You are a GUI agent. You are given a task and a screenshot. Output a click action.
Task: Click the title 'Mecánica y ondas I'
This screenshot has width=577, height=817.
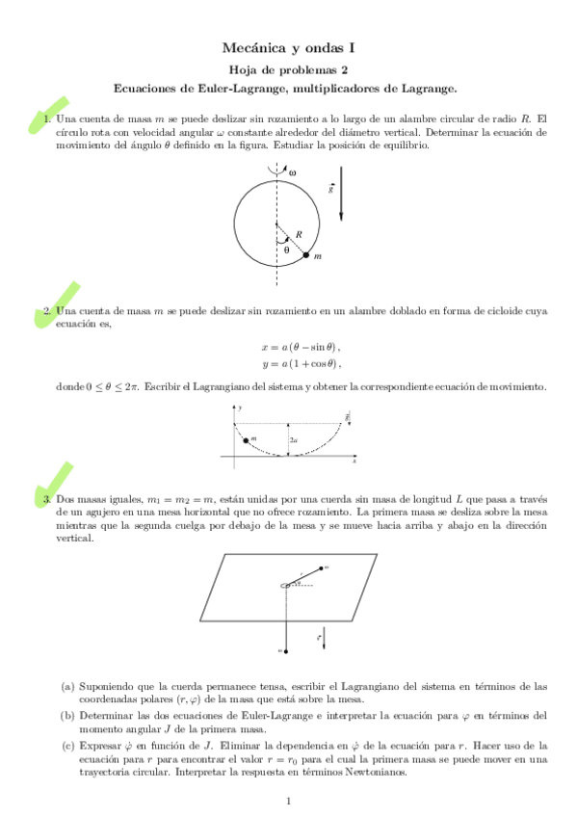288,47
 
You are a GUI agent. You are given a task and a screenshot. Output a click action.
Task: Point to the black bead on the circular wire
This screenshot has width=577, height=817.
306,255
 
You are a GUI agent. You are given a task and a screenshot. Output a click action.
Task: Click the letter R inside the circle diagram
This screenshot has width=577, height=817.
300,234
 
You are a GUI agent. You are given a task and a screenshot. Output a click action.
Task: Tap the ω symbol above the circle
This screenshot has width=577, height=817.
292,172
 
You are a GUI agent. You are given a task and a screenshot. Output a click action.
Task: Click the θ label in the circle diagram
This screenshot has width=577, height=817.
286,250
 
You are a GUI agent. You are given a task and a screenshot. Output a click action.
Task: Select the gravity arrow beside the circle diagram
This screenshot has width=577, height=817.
340,202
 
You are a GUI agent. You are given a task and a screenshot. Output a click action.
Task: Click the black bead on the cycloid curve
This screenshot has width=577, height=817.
248,440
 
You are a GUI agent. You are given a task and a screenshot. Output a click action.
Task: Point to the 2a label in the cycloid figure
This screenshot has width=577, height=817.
293,440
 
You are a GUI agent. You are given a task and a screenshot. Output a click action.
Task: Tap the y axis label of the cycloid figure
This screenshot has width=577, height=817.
240,408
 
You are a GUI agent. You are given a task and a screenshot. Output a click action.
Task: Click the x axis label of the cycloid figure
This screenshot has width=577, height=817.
354,461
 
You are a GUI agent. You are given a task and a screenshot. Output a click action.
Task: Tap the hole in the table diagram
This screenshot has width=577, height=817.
286,585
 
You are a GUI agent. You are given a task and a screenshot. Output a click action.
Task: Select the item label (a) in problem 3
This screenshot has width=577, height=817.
67,687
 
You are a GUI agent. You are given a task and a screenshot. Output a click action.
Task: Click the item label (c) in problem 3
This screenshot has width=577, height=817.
67,745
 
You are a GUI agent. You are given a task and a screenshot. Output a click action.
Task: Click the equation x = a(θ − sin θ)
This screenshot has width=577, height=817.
301,347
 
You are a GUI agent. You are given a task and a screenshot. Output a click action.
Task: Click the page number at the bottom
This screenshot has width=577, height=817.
289,802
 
